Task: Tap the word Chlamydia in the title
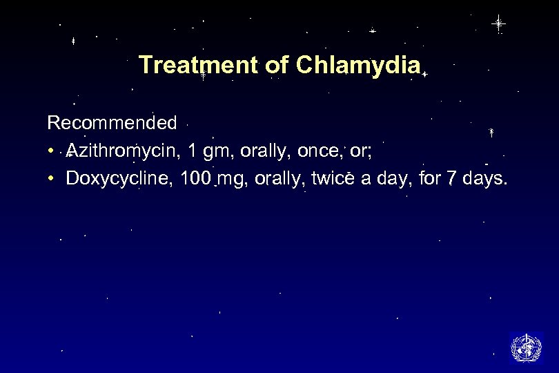tap(358, 65)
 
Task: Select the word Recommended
tap(112, 124)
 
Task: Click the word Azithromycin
tap(122, 151)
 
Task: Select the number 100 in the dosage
tap(195, 180)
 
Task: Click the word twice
tap(334, 180)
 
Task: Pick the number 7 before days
tap(450, 180)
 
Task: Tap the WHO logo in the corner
tap(526, 347)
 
